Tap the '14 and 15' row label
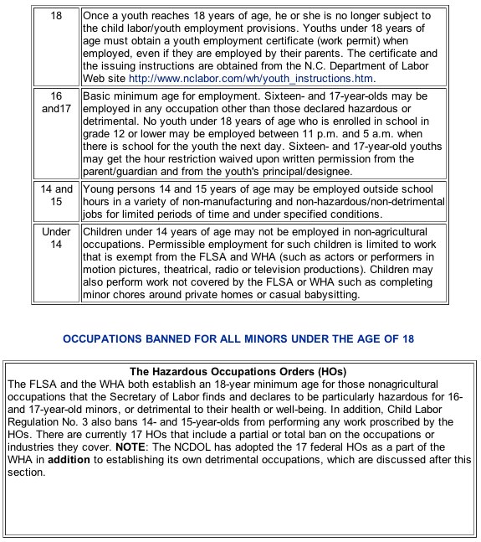[57, 195]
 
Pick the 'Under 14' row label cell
[57, 237]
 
